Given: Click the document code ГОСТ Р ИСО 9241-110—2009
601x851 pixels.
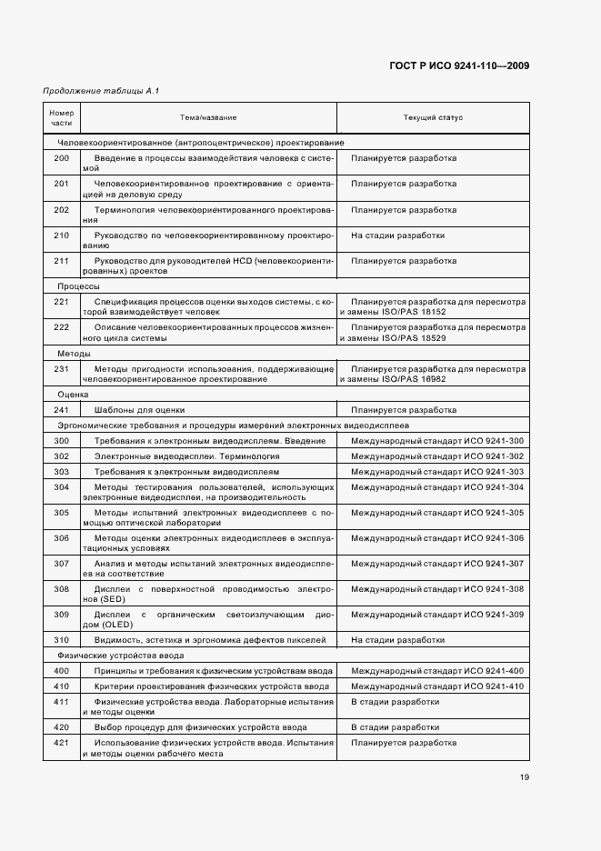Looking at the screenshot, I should (459, 65).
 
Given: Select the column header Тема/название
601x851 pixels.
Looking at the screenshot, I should (208, 118).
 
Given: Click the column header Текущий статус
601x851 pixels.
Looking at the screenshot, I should (433, 118).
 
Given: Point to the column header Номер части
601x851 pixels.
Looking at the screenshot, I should (61, 118).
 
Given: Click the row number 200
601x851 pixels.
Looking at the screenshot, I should (61, 158).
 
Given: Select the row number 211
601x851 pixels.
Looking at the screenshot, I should (61, 261).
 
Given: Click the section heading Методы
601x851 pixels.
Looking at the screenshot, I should (74, 353).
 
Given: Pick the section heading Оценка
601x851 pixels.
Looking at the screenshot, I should (73, 395).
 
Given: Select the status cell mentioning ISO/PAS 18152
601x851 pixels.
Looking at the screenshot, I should (433, 306).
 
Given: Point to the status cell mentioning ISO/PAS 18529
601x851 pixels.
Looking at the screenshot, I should (433, 333).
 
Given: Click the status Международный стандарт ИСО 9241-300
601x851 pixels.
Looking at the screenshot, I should (437, 441).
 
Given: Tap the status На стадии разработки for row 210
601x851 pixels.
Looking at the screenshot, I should (398, 235).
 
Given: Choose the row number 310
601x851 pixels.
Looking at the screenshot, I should (61, 640).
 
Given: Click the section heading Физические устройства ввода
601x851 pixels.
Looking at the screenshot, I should (121, 655).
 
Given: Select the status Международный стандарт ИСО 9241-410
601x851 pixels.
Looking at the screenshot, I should (437, 686).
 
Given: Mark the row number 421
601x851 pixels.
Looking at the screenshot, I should (61, 743).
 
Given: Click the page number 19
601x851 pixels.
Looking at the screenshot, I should (525, 776).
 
